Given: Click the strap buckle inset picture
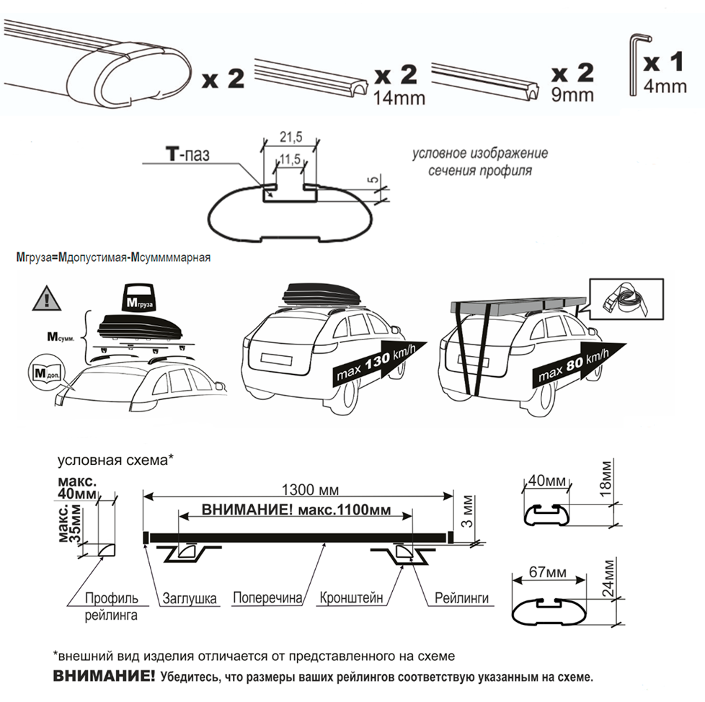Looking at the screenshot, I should pyautogui.click(x=626, y=298).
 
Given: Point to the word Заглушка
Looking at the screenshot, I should pyautogui.click(x=190, y=597).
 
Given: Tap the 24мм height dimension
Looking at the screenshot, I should pyautogui.click(x=611, y=586).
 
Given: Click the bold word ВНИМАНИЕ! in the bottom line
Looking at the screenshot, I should pyautogui.click(x=104, y=677).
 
